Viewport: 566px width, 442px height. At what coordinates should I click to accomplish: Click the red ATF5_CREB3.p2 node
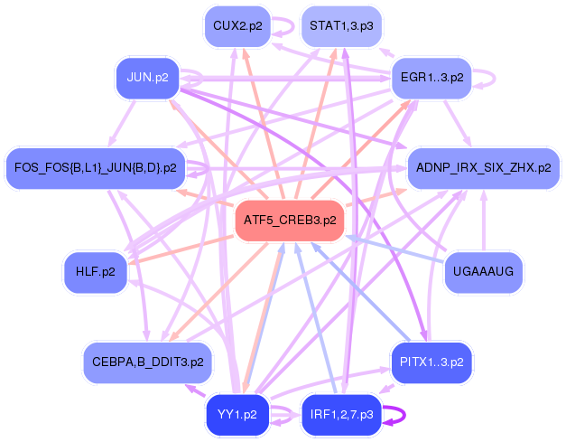point(290,221)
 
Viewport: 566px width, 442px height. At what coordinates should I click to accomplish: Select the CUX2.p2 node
point(237,26)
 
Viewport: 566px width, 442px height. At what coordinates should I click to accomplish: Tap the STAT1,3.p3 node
point(340,26)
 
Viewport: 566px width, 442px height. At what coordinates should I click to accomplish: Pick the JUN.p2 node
point(149,78)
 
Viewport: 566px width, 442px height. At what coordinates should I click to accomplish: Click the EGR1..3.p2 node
point(431,78)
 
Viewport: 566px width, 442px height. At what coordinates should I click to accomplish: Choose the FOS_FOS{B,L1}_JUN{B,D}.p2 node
point(97,168)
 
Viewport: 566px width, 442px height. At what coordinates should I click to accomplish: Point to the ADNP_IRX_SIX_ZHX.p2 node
point(483,168)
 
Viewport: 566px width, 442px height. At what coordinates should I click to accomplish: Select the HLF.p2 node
point(96,272)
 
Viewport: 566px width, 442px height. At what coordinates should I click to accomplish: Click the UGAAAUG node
point(484,272)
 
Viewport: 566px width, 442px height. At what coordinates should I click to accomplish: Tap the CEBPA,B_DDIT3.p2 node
point(147,362)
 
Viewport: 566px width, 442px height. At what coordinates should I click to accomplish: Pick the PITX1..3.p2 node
point(431,362)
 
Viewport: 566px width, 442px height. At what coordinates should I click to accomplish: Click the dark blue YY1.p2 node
point(237,416)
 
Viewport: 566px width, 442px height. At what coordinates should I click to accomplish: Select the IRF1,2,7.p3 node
point(341,416)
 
